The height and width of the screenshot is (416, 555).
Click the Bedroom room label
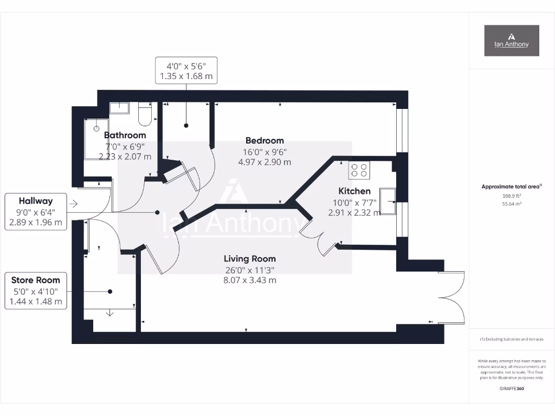(x=264, y=141)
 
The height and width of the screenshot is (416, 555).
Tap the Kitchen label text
(x=354, y=191)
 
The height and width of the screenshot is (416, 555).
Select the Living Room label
(x=250, y=259)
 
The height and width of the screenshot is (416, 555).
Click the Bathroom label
(x=125, y=135)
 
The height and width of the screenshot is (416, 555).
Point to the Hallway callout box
(x=36, y=211)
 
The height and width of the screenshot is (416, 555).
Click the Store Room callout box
(x=36, y=291)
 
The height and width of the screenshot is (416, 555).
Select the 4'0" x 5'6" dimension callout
(x=186, y=70)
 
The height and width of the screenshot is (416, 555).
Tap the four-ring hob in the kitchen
(x=359, y=170)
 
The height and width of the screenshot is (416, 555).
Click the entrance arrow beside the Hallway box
(x=74, y=204)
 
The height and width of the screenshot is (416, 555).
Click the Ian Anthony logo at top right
(x=511, y=41)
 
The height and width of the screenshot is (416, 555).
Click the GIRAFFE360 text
(x=511, y=388)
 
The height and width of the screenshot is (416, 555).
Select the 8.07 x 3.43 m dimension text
(x=250, y=280)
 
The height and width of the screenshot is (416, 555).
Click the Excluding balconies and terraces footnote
(x=511, y=339)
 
